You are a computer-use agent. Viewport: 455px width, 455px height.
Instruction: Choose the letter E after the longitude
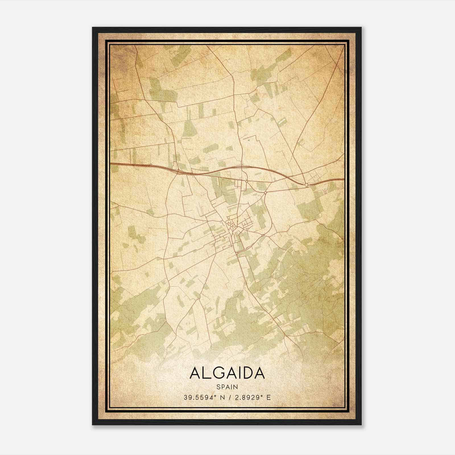point(268,397)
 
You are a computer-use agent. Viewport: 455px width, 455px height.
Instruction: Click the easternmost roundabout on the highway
point(306,185)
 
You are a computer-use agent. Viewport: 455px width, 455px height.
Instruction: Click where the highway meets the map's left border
point(111,164)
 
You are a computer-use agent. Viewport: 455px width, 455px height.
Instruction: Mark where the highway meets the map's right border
point(344,179)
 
